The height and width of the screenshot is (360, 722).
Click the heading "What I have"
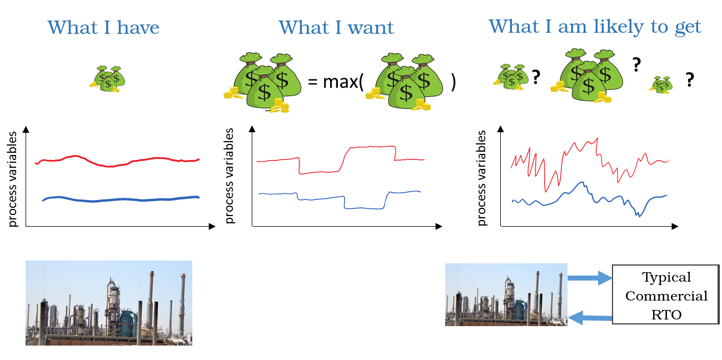point(103,27)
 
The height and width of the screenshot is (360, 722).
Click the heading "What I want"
point(336,27)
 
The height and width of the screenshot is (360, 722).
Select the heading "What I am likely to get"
point(595,26)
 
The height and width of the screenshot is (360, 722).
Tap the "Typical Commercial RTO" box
point(666,296)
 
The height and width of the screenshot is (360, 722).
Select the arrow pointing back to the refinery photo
point(589,318)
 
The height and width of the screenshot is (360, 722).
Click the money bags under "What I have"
point(108,78)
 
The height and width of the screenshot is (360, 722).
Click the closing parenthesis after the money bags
point(453,83)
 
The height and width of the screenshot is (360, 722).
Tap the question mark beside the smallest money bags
point(689,81)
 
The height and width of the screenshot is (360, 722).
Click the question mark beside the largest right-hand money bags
point(636,66)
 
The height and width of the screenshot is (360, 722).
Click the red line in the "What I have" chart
point(111,165)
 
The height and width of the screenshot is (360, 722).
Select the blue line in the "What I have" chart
point(111,199)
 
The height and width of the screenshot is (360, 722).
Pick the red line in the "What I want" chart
point(367,147)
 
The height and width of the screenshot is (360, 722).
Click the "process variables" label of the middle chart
point(230,177)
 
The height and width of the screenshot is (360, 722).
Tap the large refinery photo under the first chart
point(109,303)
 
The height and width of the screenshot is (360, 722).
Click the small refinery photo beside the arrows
point(506,294)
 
